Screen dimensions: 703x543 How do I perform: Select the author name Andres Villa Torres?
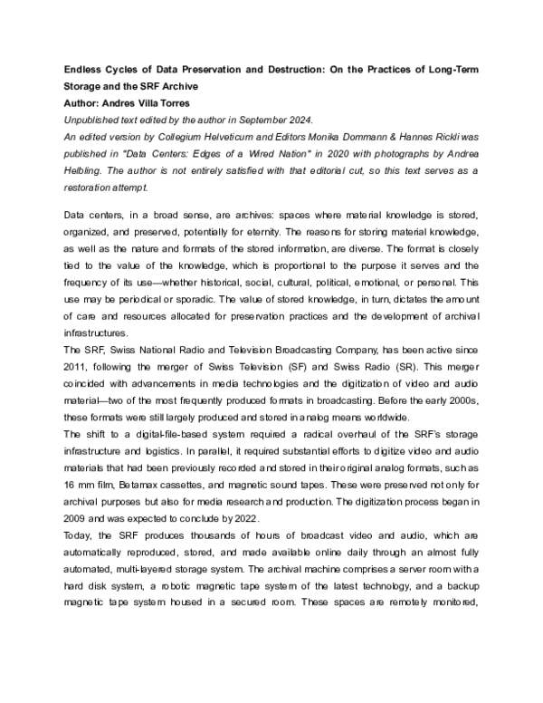(x=152, y=102)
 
